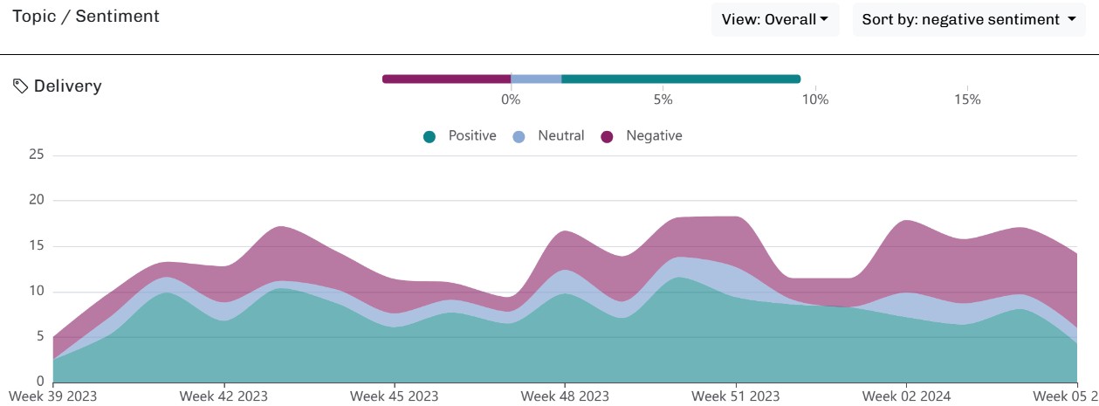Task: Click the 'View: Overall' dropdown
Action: (774, 19)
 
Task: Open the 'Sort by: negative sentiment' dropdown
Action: (968, 19)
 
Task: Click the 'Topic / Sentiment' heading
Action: (86, 17)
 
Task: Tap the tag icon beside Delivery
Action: (20, 86)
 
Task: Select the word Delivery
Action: (67, 86)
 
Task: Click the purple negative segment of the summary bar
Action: (446, 79)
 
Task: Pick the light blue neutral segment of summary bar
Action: (536, 79)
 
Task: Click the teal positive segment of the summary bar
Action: (681, 79)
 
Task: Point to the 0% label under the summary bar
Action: (511, 100)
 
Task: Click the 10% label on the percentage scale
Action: (814, 100)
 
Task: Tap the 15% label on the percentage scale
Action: (967, 100)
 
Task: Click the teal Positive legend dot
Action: (429, 136)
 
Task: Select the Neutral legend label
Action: (561, 136)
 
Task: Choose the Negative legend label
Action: (654, 136)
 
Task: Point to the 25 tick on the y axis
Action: (36, 155)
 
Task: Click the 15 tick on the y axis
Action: (36, 246)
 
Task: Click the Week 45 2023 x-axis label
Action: (394, 396)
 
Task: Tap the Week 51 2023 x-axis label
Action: (735, 396)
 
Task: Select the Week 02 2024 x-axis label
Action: (905, 396)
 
